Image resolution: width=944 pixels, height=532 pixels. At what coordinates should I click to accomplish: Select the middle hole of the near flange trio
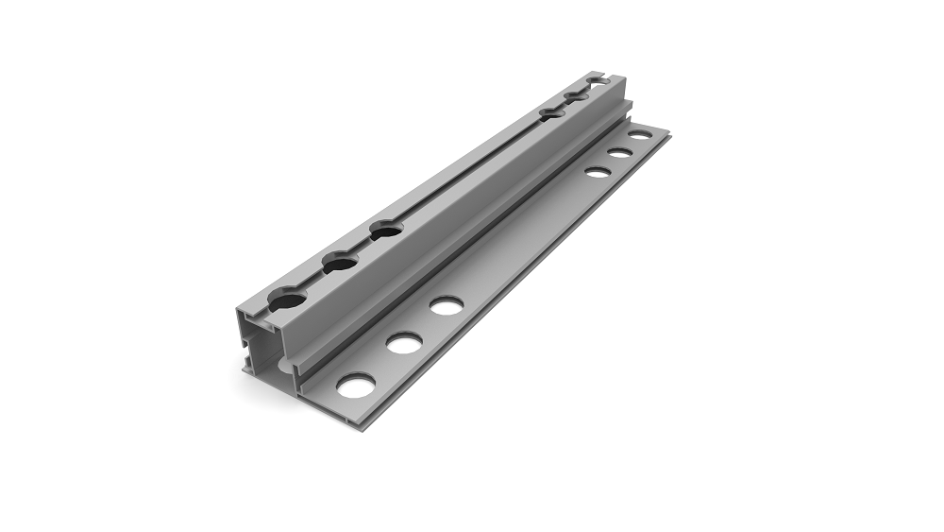click(x=403, y=342)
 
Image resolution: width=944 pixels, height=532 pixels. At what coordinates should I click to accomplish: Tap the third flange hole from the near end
click(x=446, y=305)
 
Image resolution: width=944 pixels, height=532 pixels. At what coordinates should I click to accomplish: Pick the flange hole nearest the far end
click(x=641, y=136)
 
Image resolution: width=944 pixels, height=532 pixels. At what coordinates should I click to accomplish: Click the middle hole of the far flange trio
click(x=619, y=153)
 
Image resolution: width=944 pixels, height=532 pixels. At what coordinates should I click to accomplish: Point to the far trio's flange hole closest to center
click(x=597, y=172)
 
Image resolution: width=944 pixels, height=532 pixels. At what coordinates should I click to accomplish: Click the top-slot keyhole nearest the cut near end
click(x=287, y=300)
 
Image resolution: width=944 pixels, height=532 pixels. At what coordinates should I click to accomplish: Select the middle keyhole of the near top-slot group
click(x=339, y=263)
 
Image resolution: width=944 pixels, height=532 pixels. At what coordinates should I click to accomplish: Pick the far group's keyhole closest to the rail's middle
click(x=552, y=113)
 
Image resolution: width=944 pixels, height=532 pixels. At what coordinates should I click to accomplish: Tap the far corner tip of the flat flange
click(x=668, y=133)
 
